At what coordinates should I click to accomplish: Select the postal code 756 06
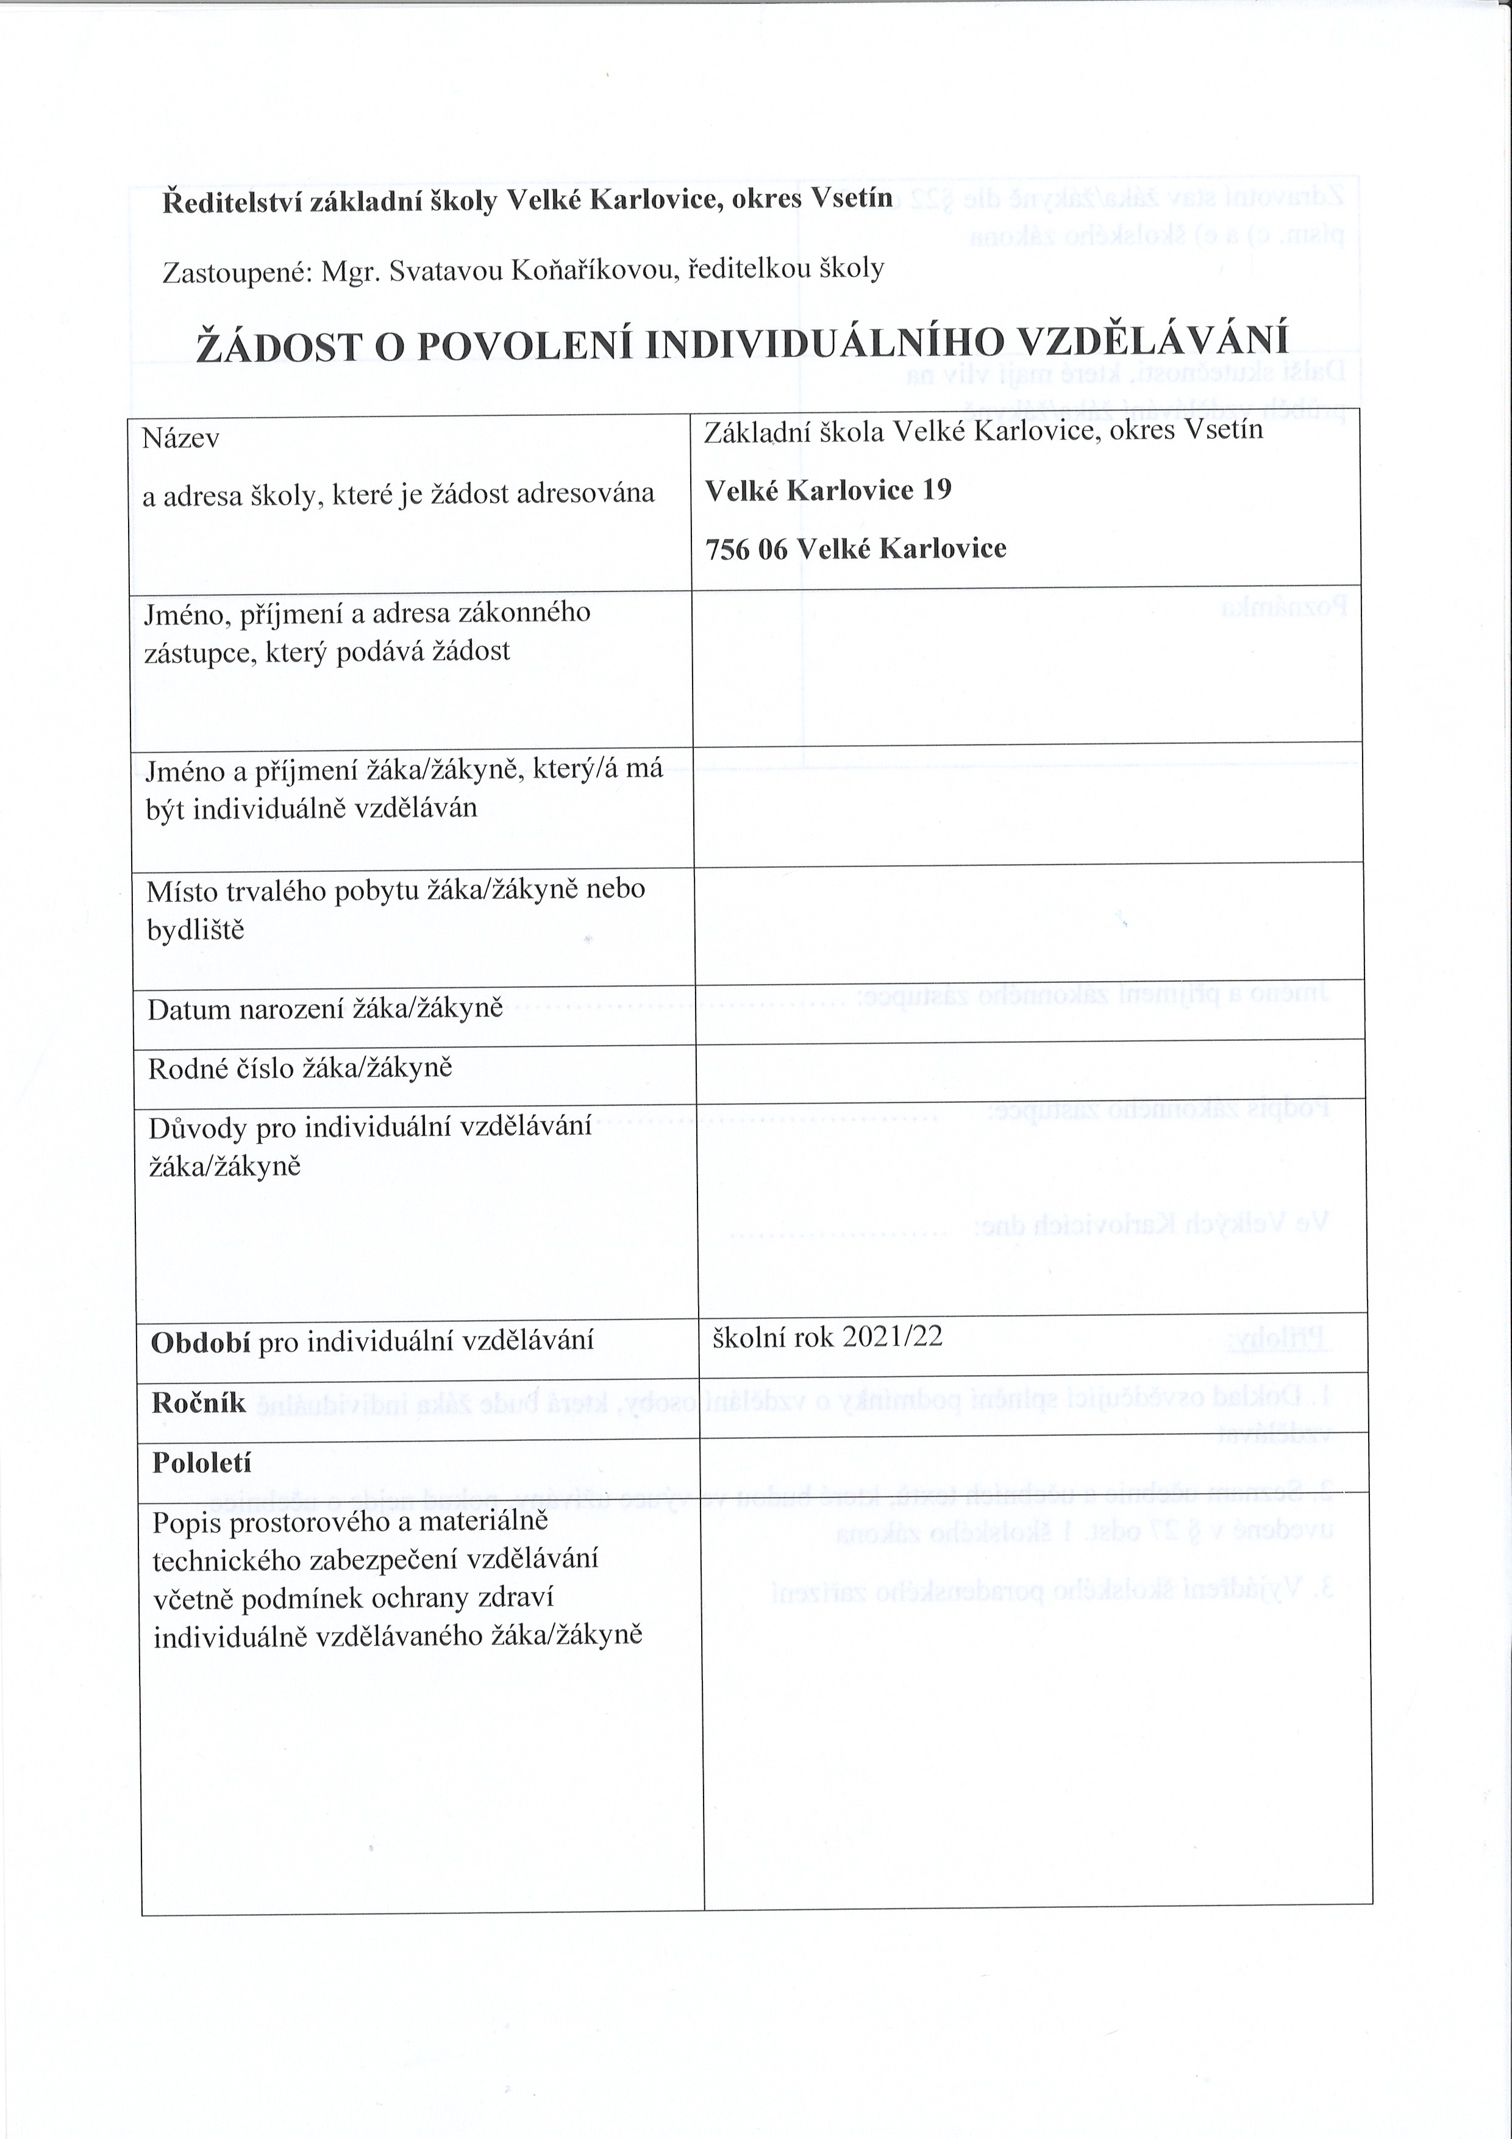tap(746, 549)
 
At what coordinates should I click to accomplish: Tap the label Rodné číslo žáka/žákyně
tap(300, 1068)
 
